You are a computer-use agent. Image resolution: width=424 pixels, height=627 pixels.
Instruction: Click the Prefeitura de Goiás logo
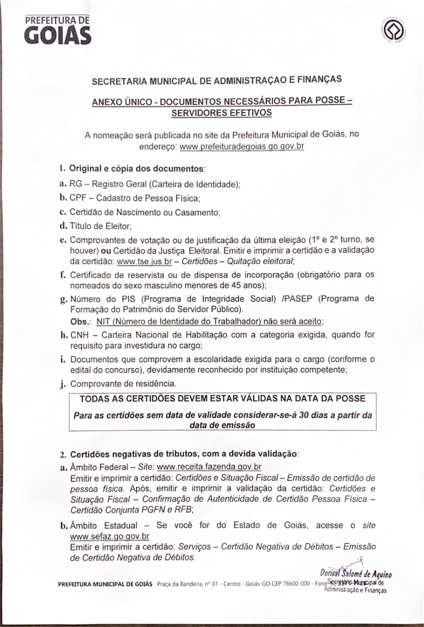tap(57, 30)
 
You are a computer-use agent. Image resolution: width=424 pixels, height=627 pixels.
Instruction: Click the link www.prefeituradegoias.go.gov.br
tap(242, 146)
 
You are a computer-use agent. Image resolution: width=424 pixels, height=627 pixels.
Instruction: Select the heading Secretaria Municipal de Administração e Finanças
tap(217, 81)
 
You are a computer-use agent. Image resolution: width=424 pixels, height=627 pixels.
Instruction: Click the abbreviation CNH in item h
tap(80, 336)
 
